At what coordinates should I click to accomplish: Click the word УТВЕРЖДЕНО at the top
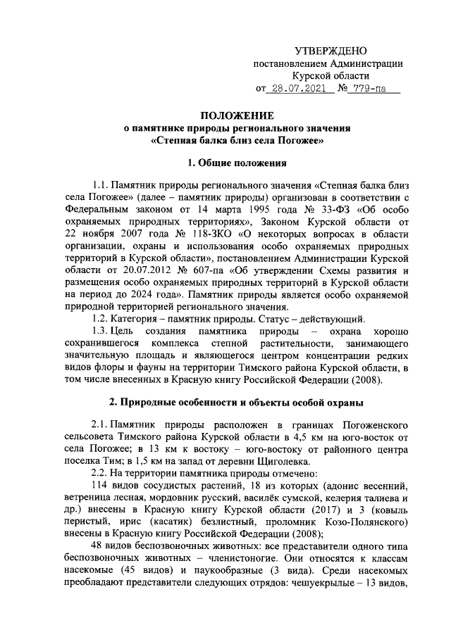(330, 51)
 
